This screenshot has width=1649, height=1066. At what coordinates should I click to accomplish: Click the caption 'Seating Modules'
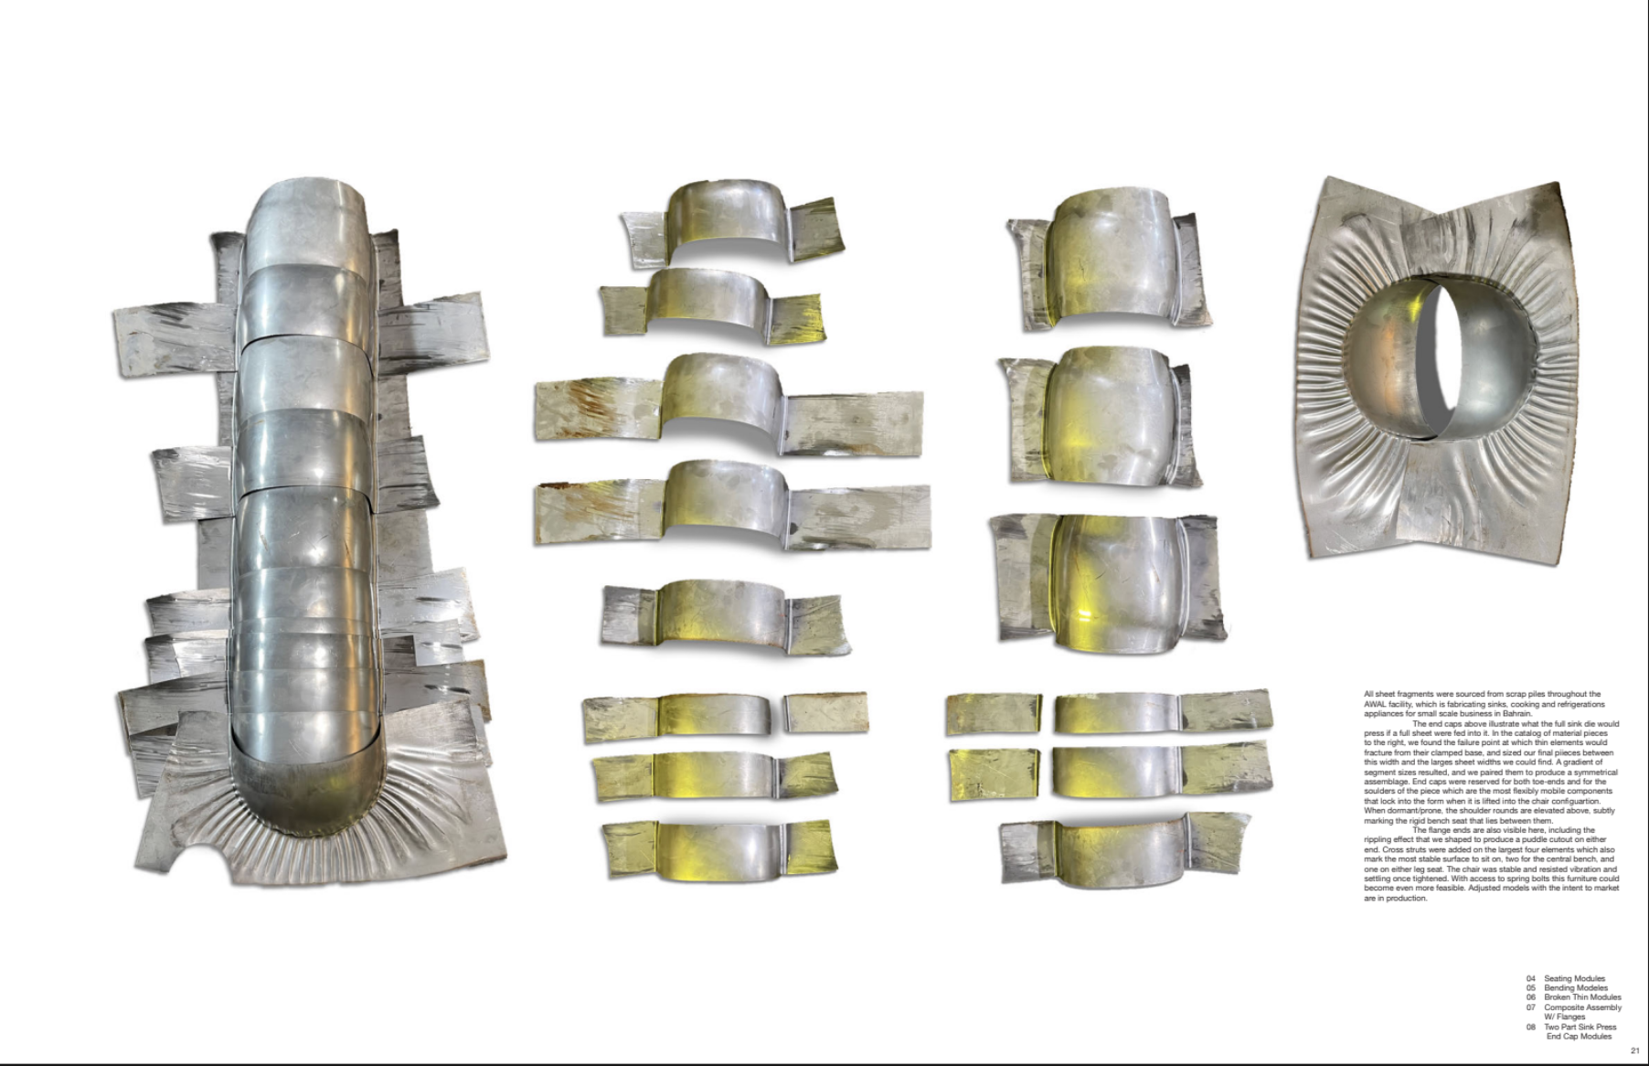[1574, 979]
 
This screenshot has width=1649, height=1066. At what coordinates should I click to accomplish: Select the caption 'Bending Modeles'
[1575, 988]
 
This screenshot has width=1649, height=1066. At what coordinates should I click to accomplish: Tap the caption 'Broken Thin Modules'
[1582, 997]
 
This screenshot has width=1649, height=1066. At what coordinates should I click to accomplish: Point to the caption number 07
[1531, 1007]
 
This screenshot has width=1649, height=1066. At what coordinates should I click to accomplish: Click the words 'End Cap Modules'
[1579, 1037]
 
